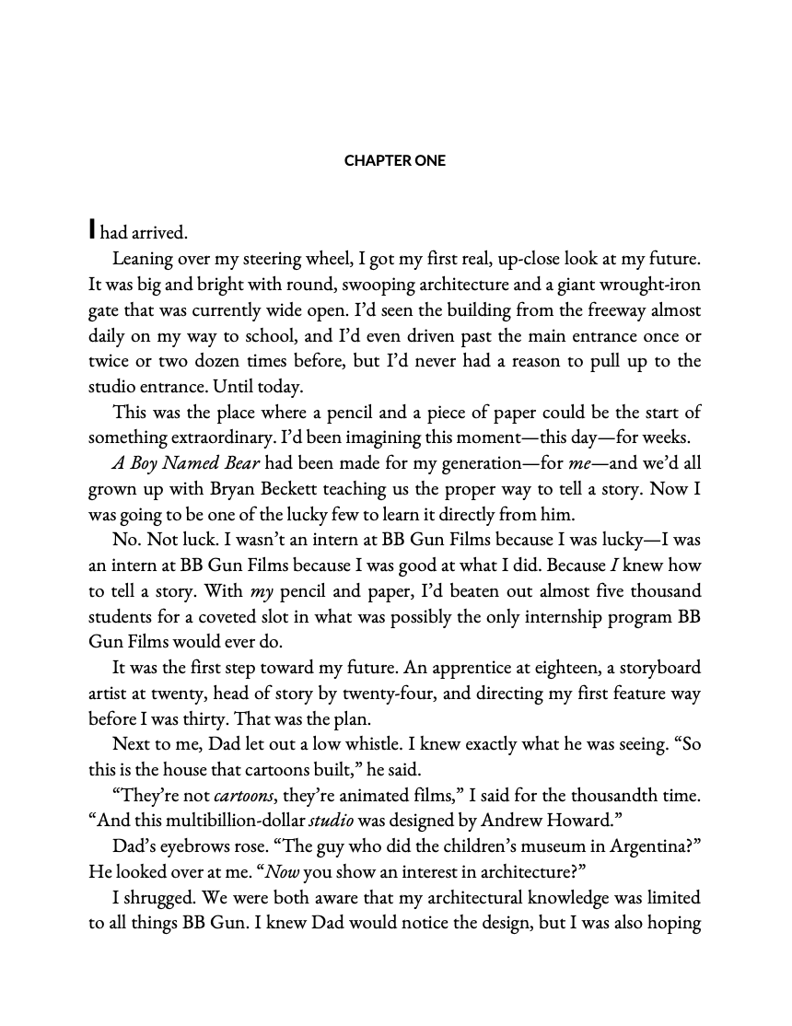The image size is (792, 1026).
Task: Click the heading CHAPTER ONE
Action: click(395, 161)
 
